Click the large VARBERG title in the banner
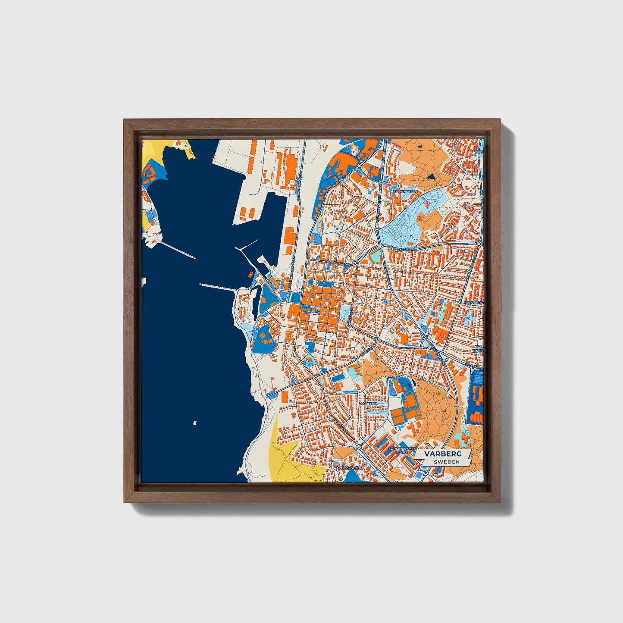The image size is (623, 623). pos(442,454)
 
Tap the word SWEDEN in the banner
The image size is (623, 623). pos(446,462)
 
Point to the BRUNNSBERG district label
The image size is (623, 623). pos(406,191)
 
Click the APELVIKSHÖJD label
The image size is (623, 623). pos(350,467)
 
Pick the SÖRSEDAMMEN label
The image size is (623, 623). pos(402,449)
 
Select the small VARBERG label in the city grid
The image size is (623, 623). pos(311,310)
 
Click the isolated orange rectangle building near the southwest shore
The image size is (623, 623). pos(284,397)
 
